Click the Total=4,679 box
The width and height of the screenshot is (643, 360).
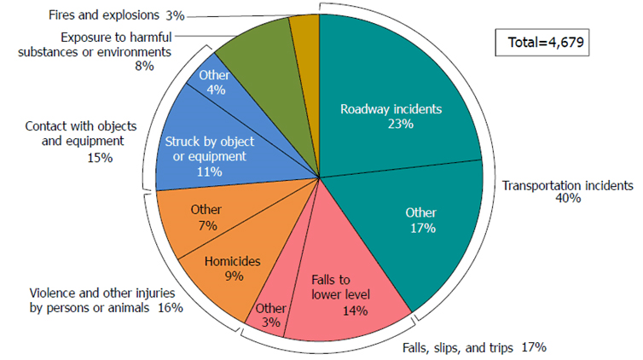click(541, 41)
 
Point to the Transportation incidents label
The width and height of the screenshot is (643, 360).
click(567, 185)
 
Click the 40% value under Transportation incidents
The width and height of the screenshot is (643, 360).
click(567, 199)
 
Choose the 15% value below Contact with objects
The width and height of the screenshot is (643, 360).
click(101, 158)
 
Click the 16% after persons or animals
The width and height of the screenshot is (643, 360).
click(171, 307)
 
